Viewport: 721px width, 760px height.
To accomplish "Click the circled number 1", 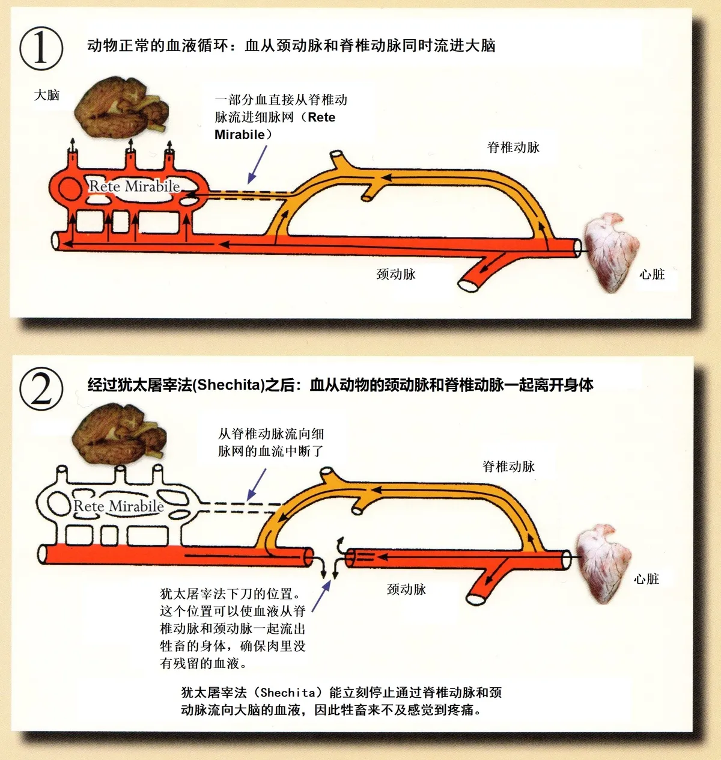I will pyautogui.click(x=41, y=47).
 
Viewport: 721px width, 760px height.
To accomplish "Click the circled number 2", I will pyautogui.click(x=41, y=388).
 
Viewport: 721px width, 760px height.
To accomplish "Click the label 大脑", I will pyautogui.click(x=47, y=95).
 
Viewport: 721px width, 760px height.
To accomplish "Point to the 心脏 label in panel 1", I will pyautogui.click(x=652, y=275).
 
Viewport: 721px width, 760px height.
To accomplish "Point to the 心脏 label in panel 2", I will pyautogui.click(x=646, y=579).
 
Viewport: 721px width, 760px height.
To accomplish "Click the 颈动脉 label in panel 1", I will pyautogui.click(x=396, y=274).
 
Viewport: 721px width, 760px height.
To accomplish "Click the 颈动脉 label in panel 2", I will pyautogui.click(x=406, y=589).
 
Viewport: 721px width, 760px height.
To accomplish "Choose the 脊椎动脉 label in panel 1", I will pyautogui.click(x=513, y=147).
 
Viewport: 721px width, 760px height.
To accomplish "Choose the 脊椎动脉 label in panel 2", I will pyautogui.click(x=508, y=467).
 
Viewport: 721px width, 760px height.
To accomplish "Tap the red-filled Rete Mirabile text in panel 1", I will pyautogui.click(x=135, y=186).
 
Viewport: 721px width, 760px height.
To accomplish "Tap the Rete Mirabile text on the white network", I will pyautogui.click(x=118, y=506).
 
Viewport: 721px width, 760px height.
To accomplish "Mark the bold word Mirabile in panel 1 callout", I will pyautogui.click(x=239, y=135).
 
